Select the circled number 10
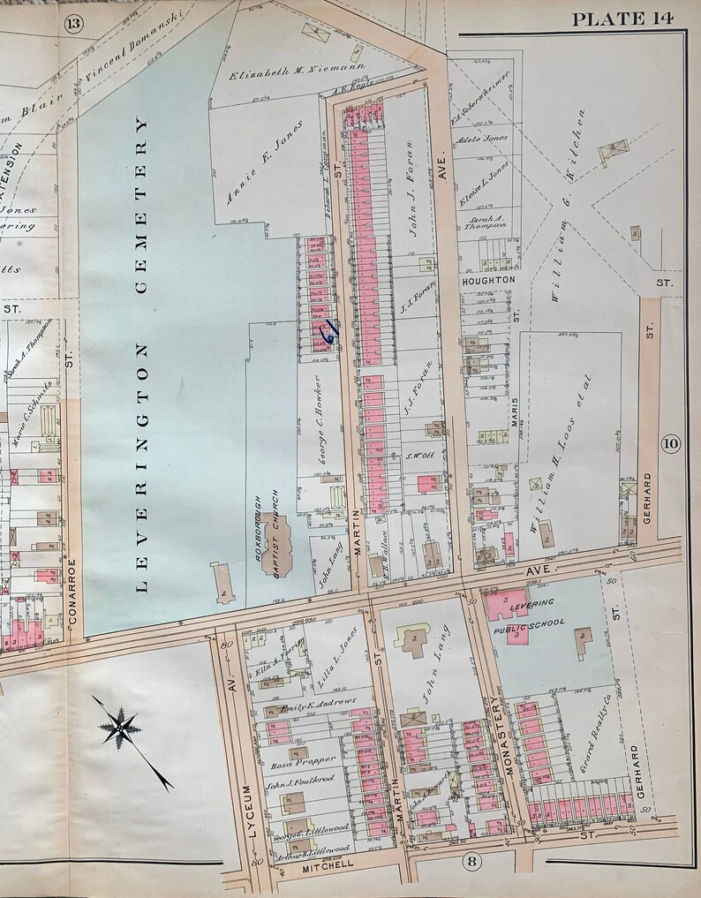[669, 443]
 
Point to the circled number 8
[473, 861]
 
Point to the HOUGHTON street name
[488, 279]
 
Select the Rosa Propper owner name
[302, 759]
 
